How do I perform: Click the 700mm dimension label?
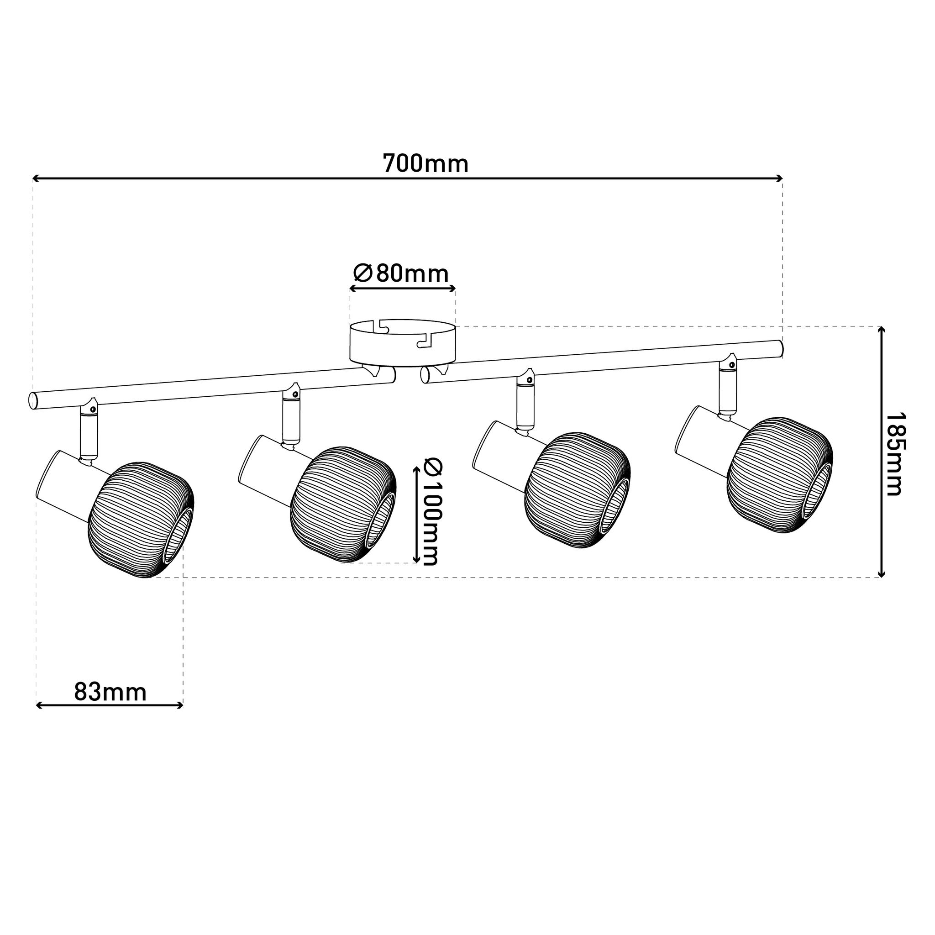tap(425, 163)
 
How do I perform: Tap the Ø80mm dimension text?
tap(401, 274)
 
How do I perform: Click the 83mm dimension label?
tap(110, 693)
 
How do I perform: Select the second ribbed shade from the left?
tap(343, 504)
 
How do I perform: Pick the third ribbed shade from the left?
tap(577, 490)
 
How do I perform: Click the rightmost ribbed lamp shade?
tap(779, 475)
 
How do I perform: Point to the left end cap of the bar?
tap(33, 401)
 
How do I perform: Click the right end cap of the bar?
tap(781, 348)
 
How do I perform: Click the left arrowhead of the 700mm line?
tap(35, 179)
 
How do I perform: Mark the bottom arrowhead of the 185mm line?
tap(881, 575)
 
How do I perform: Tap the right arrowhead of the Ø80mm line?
tap(453, 289)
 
